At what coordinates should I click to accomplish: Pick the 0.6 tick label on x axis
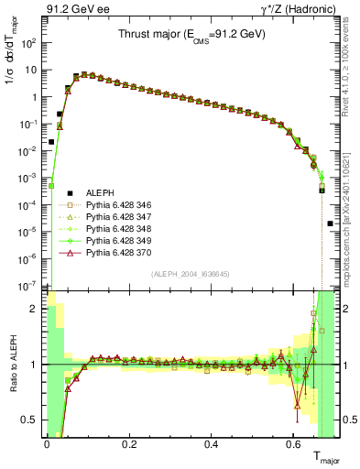(x=293, y=446)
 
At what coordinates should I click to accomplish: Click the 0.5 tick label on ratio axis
(x=27, y=420)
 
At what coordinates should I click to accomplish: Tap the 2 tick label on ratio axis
(x=33, y=309)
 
